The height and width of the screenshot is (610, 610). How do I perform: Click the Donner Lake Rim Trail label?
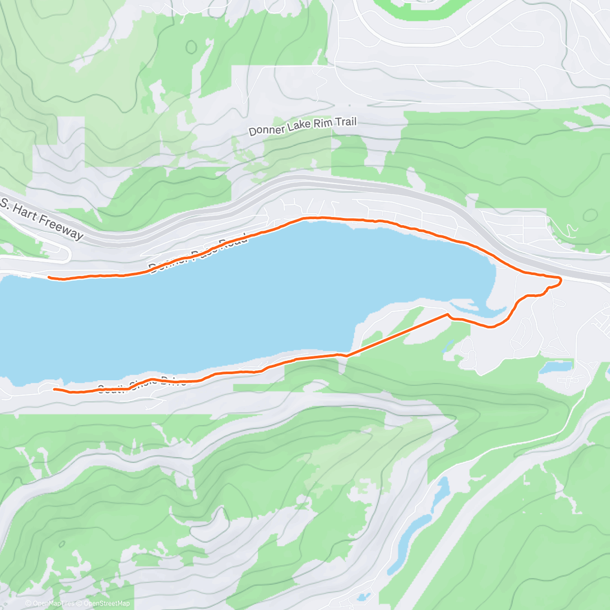click(302, 126)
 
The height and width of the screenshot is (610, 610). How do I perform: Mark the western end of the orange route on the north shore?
click(49, 277)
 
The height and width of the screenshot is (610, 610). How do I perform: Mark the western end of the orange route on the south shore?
click(54, 389)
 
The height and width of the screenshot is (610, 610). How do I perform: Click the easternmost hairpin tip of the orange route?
click(560, 280)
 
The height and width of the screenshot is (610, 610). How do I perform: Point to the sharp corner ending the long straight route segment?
click(447, 315)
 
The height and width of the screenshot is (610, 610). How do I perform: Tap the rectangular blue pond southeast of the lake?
click(556, 367)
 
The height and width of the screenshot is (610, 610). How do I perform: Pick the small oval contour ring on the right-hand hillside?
click(590, 215)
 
